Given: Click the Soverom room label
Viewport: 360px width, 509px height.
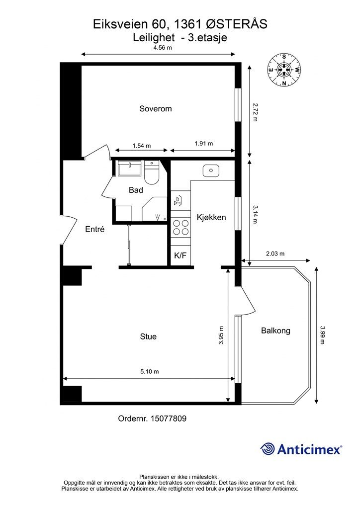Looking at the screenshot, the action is pos(156,109).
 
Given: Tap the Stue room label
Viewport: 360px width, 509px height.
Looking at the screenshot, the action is pos(148,337).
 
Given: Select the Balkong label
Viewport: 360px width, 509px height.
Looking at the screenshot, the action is pos(275,331).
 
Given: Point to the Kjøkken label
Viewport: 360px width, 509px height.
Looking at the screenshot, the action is pos(211,217).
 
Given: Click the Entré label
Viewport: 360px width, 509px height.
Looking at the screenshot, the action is pos(95,229).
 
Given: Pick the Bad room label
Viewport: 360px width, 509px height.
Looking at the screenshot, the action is pos(136,190).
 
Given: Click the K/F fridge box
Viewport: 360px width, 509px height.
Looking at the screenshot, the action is pos(180,255).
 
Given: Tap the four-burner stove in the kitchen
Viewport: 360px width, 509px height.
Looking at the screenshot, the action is pos(181,227).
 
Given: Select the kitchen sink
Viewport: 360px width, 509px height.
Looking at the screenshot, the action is pos(211,170).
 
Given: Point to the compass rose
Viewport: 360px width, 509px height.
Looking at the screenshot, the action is pos(284,70).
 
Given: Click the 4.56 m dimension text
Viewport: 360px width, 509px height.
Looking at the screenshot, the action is pos(163,48).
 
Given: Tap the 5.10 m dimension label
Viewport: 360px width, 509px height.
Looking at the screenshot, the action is pos(150,371).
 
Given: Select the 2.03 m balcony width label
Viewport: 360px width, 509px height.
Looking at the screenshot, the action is pos(275,254).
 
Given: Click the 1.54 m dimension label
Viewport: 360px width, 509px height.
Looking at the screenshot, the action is pos(142,146).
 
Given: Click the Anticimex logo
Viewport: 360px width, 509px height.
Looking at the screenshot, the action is pos(301,449).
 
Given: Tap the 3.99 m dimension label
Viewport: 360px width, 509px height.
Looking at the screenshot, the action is pos(322,335).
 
